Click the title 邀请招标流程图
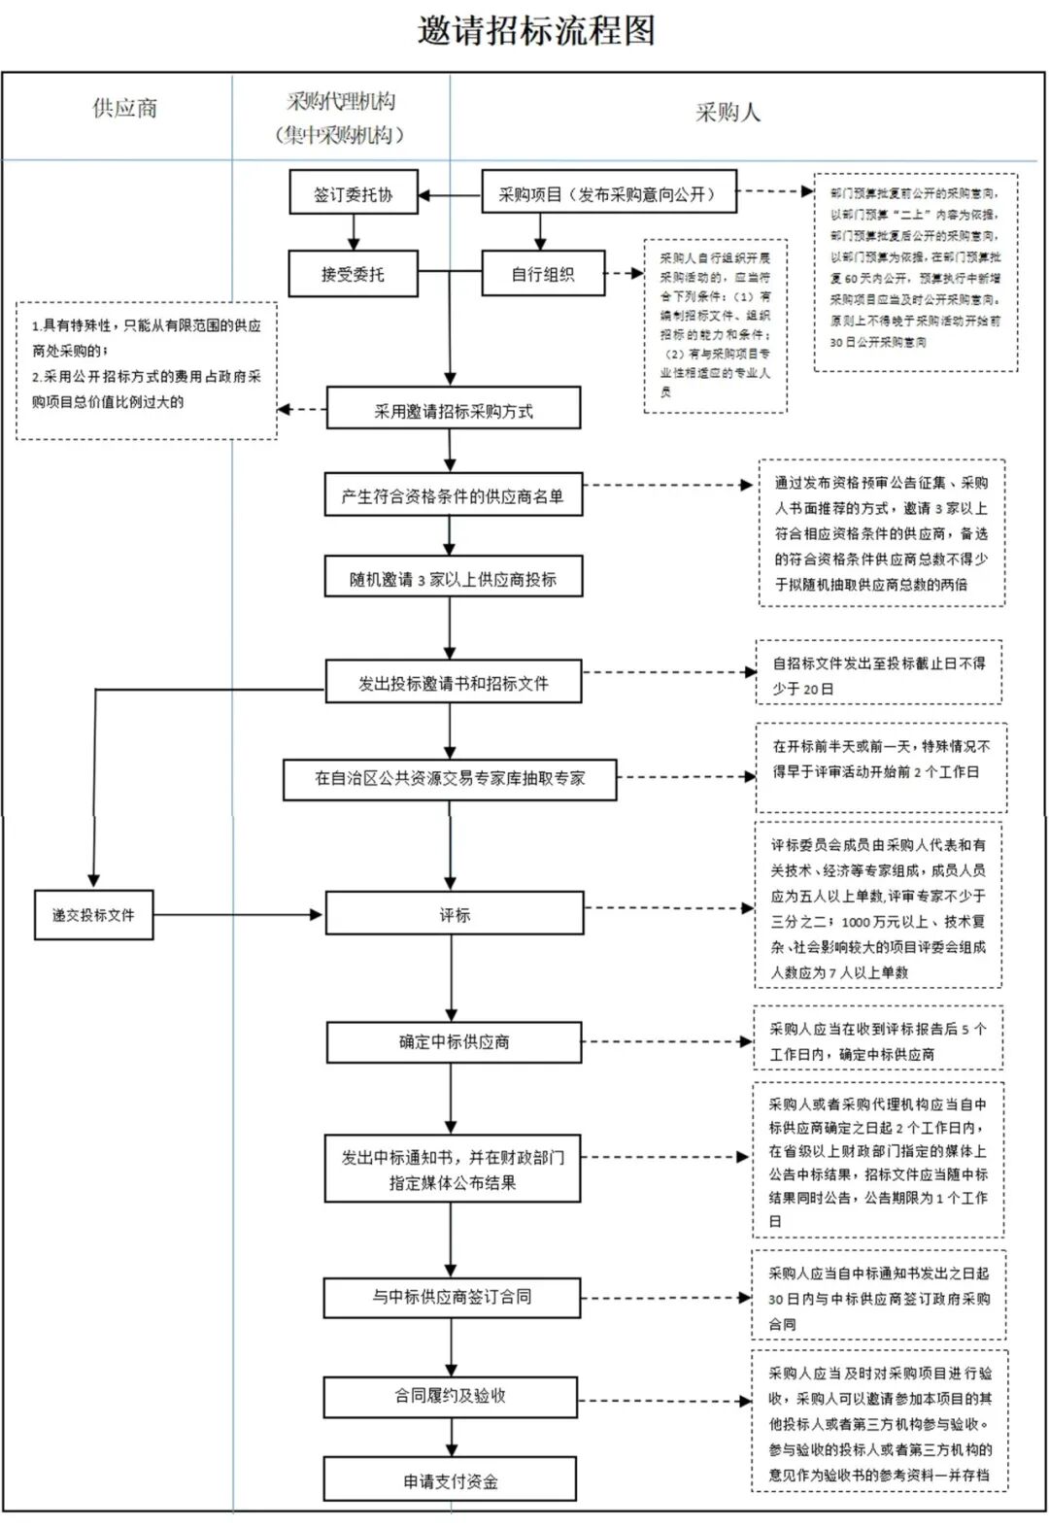pos(536,31)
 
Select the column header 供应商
pos(124,109)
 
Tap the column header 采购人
pos(728,113)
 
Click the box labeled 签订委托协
pos(353,193)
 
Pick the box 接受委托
pos(353,274)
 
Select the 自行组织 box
pos(543,274)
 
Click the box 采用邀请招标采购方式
pos(454,410)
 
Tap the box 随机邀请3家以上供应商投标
pos(453,578)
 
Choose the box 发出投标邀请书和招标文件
pos(453,682)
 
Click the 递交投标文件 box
pos(93,914)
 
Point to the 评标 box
pos(454,914)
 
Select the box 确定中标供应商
pos(454,1041)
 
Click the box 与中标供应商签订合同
pos(452,1296)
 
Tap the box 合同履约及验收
pos(450,1395)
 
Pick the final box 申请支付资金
pos(450,1480)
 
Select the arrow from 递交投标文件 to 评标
pos(238,914)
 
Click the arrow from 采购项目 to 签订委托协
pos(451,195)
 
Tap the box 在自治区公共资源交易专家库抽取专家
pos(450,778)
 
